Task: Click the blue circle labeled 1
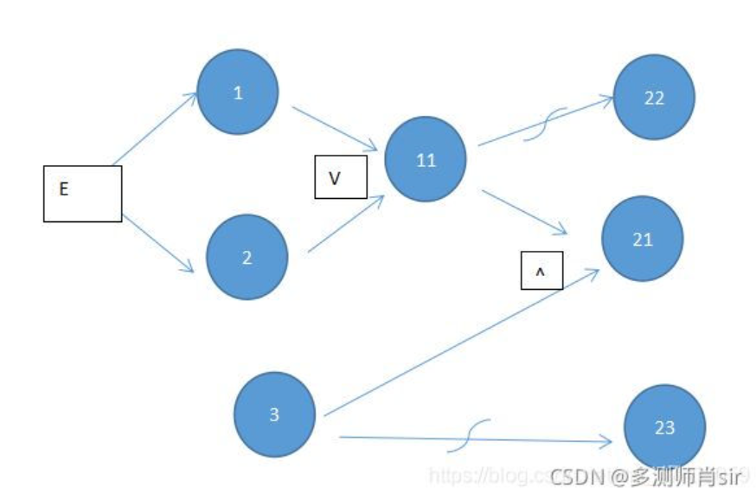tap(238, 93)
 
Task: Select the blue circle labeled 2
tap(247, 257)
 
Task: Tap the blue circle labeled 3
tap(274, 414)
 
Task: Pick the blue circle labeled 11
tap(426, 160)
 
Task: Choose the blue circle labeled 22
tap(654, 98)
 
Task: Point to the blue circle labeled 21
tap(643, 240)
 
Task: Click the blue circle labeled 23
tap(664, 427)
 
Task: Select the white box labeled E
tap(82, 194)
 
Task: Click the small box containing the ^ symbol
tap(541, 272)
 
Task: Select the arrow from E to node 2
tap(158, 243)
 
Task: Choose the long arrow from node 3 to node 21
tap(458, 344)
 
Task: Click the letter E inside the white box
tap(63, 189)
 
